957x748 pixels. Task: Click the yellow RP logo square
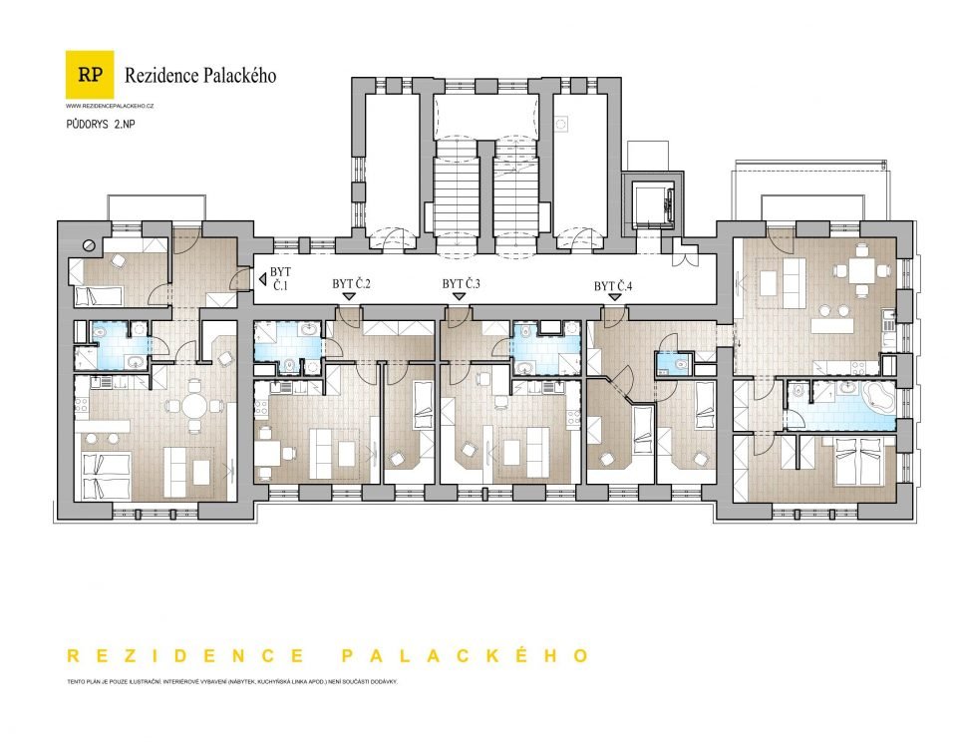tap(90, 75)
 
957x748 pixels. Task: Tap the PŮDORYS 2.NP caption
tap(101, 124)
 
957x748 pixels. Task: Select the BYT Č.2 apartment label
tap(352, 284)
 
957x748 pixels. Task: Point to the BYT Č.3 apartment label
tap(462, 284)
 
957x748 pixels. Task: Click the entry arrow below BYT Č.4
tap(614, 297)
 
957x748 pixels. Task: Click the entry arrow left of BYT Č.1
tap(262, 279)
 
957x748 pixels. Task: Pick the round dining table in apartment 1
tap(195, 405)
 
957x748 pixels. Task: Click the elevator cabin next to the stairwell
tap(653, 203)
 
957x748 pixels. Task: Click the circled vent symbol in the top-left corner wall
tap(90, 245)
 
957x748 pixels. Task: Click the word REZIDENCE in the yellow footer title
tap(186, 656)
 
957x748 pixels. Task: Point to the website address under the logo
tap(110, 107)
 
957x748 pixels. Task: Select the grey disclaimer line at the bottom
tap(232, 681)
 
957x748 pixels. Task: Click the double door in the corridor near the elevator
tap(685, 255)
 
